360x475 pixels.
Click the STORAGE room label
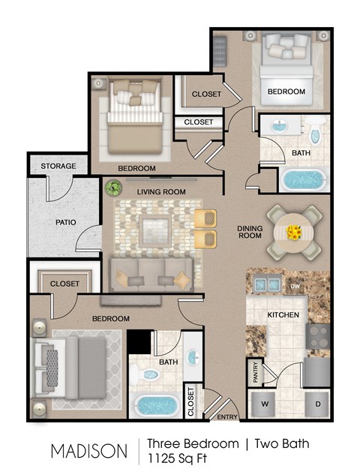(58, 166)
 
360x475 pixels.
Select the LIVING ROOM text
(161, 192)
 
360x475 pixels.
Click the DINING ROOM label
(249, 231)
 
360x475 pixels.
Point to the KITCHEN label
(283, 315)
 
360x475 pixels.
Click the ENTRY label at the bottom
(227, 417)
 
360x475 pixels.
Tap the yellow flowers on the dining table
(293, 232)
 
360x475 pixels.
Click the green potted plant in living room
(113, 188)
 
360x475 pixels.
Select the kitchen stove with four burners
(319, 334)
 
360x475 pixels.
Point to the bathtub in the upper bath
(304, 179)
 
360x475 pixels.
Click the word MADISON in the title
(89, 451)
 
